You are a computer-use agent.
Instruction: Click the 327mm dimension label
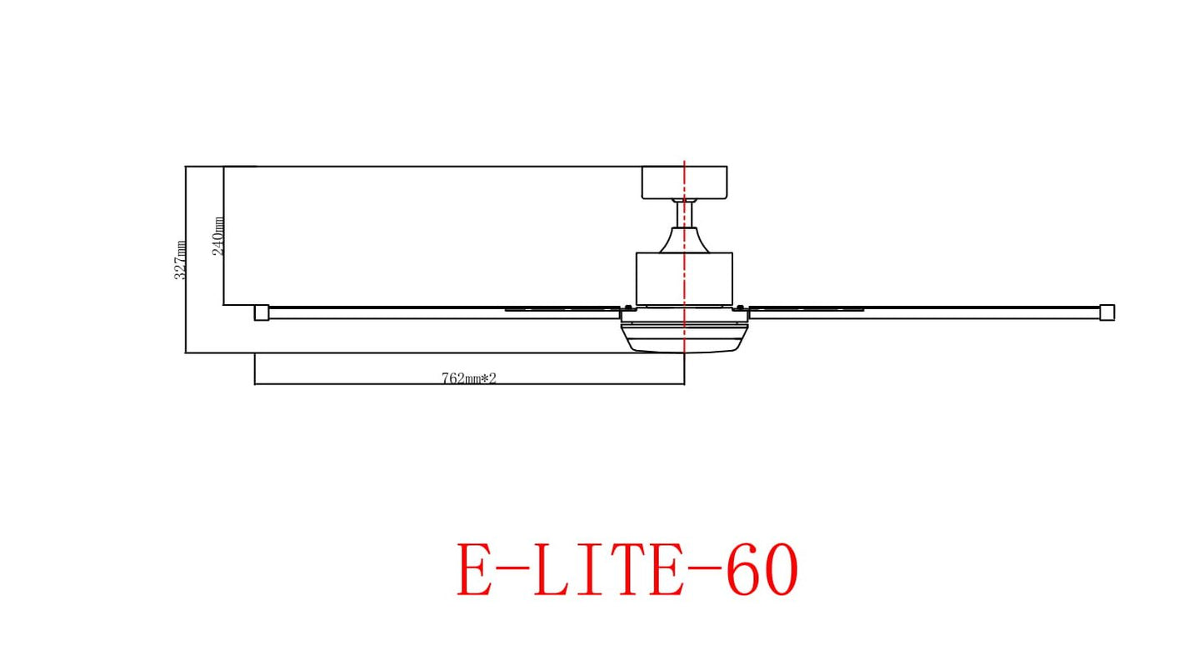tap(180, 260)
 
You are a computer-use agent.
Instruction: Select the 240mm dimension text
tap(218, 236)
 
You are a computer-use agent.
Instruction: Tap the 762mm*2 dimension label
tap(468, 378)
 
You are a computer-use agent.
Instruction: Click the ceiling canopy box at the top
tap(683, 182)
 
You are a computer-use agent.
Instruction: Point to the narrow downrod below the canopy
tap(684, 214)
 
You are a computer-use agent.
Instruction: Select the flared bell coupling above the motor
tap(684, 241)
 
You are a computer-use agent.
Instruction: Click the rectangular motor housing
tap(683, 278)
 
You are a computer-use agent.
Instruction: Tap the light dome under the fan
tap(683, 337)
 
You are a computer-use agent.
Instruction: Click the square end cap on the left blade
tap(262, 312)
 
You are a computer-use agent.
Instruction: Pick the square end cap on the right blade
tap(1107, 312)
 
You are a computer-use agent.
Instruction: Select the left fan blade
tap(433, 312)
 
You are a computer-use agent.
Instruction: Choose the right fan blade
tap(925, 312)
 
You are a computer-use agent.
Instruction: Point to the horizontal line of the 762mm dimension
tap(375, 384)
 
